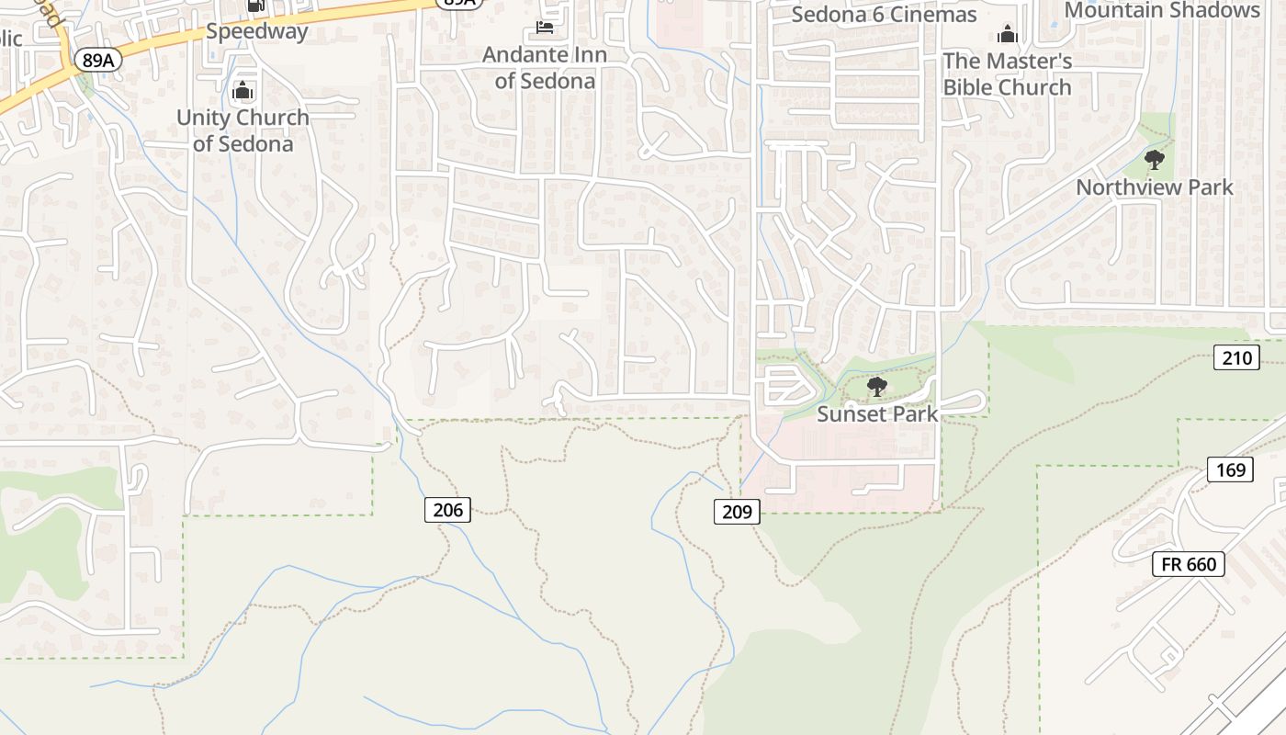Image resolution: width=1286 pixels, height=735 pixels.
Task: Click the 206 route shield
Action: point(447,509)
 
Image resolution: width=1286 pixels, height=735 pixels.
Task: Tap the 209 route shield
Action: point(737,511)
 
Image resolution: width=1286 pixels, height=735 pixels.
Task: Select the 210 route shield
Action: point(1235,357)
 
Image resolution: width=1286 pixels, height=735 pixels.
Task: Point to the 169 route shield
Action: point(1230,470)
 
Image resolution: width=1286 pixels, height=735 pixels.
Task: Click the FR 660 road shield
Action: point(1189,563)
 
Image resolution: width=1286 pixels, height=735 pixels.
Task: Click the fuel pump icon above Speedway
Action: point(255,6)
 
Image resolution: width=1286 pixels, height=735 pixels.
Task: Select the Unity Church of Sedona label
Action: point(243,130)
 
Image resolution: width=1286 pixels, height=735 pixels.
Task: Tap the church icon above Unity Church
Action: point(243,90)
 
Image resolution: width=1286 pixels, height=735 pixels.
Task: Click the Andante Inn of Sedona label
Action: point(545,68)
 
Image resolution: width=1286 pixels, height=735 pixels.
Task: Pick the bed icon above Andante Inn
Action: point(545,27)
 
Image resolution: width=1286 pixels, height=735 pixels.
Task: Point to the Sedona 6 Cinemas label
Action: point(884,15)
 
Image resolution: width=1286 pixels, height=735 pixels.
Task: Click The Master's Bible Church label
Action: point(1008,74)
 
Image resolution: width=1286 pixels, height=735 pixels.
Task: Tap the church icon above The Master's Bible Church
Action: point(1008,35)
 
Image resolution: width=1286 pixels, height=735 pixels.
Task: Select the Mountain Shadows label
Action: point(1162,10)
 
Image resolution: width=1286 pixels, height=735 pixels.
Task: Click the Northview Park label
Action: point(1155,187)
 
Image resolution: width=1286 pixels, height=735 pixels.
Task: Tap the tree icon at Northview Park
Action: point(1155,160)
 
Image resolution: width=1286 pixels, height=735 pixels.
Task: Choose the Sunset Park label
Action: point(877,413)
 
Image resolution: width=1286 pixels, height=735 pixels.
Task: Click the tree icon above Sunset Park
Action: point(877,386)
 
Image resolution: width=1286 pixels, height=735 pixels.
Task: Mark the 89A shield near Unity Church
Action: point(98,61)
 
